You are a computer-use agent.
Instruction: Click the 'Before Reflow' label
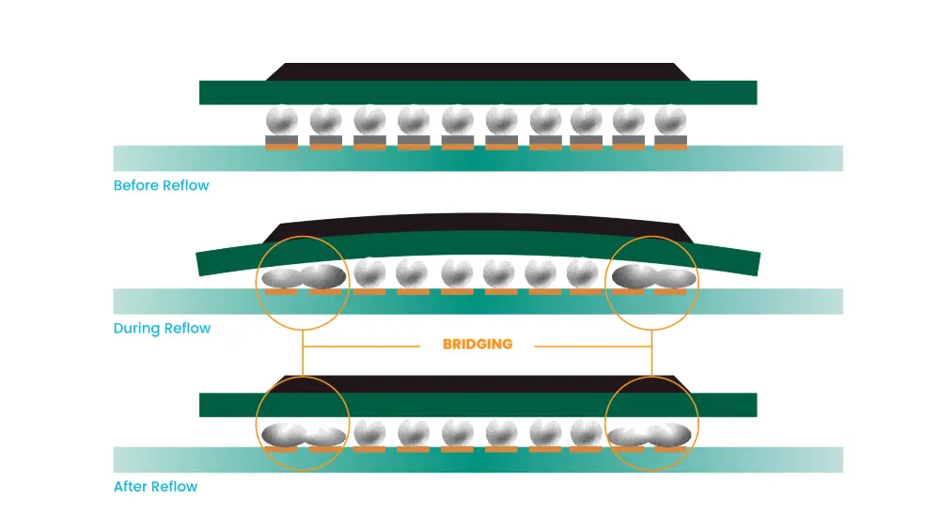161,185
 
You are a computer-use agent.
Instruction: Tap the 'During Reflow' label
162,328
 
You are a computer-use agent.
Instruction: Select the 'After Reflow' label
155,487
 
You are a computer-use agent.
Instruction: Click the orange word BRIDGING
478,344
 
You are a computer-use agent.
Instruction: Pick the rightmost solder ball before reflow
670,120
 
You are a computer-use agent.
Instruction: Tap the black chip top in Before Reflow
478,71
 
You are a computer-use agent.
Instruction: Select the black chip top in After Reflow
478,383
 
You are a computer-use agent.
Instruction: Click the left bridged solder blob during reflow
303,277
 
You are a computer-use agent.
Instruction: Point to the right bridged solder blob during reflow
654,277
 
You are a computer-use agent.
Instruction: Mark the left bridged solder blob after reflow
303,434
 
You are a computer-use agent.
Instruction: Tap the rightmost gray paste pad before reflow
670,141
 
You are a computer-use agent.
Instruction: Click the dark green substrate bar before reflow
478,92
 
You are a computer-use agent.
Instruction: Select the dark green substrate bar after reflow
478,404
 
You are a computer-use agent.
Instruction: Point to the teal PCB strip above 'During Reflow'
478,302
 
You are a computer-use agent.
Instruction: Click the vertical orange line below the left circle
303,352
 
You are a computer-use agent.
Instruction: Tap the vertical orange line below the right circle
651,352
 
